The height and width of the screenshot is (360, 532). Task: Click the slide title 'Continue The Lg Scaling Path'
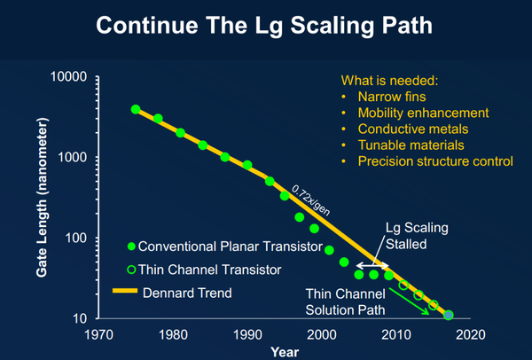265,26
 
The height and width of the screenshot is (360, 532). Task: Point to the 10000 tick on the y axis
66,78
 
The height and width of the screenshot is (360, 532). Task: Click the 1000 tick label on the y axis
70,158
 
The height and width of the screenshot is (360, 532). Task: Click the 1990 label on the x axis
247,335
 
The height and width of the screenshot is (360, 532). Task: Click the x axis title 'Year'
284,351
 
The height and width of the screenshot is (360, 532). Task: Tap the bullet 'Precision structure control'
434,160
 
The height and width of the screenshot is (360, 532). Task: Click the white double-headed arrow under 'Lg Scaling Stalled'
372,265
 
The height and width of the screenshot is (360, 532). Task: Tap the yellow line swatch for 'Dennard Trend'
128,290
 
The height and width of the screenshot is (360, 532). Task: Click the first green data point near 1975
136,109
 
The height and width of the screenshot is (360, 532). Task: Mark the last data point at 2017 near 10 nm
449,315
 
